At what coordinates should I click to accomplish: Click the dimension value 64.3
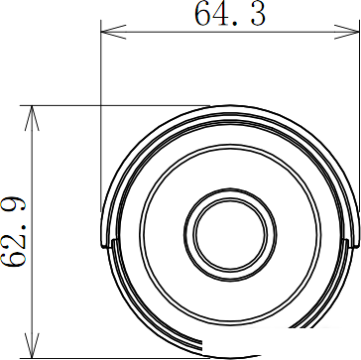coord(230,14)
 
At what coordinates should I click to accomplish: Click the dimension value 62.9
coord(13,231)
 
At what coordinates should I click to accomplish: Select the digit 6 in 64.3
coord(204,14)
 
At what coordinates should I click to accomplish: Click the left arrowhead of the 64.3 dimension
coord(113,32)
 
